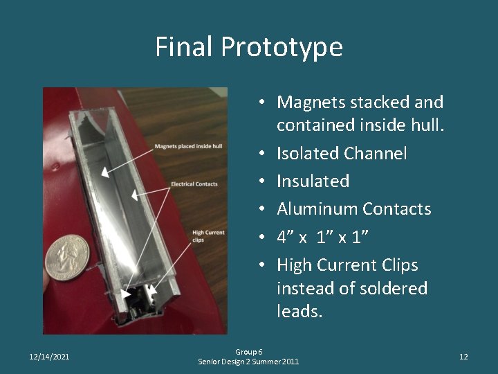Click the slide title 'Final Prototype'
coord(248,47)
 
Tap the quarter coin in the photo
coord(67,257)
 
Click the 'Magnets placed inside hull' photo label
coord(187,146)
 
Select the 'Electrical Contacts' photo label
coord(194,184)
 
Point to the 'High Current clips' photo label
coord(207,236)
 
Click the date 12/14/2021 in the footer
coord(49,357)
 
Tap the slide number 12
coord(463,357)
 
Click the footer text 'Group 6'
coord(248,352)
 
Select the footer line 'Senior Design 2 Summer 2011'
coord(248,362)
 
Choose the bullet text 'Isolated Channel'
coord(342,153)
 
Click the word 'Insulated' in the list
coord(313,181)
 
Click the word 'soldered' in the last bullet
coord(389,288)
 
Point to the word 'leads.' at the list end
coord(299,312)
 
